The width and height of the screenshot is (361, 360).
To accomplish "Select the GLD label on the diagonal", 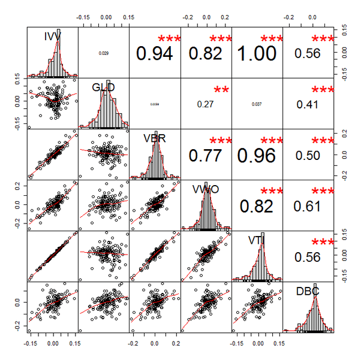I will (103, 87).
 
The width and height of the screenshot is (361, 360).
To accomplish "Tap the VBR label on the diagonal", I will (155, 138).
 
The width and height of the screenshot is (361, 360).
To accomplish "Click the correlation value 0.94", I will (155, 53).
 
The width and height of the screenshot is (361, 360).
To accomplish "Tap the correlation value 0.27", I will (206, 104).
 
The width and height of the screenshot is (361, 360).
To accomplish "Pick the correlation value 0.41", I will (308, 104).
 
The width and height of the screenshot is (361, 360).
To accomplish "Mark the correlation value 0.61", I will (308, 206).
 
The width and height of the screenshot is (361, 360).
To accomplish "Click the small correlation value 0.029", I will (103, 53).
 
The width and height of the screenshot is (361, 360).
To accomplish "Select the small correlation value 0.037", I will (257, 104).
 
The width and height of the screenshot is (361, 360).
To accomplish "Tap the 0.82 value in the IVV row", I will (206, 53).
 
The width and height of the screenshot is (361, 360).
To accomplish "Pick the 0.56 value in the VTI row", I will (308, 257).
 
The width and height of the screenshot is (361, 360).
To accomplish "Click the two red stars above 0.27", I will (222, 90).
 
